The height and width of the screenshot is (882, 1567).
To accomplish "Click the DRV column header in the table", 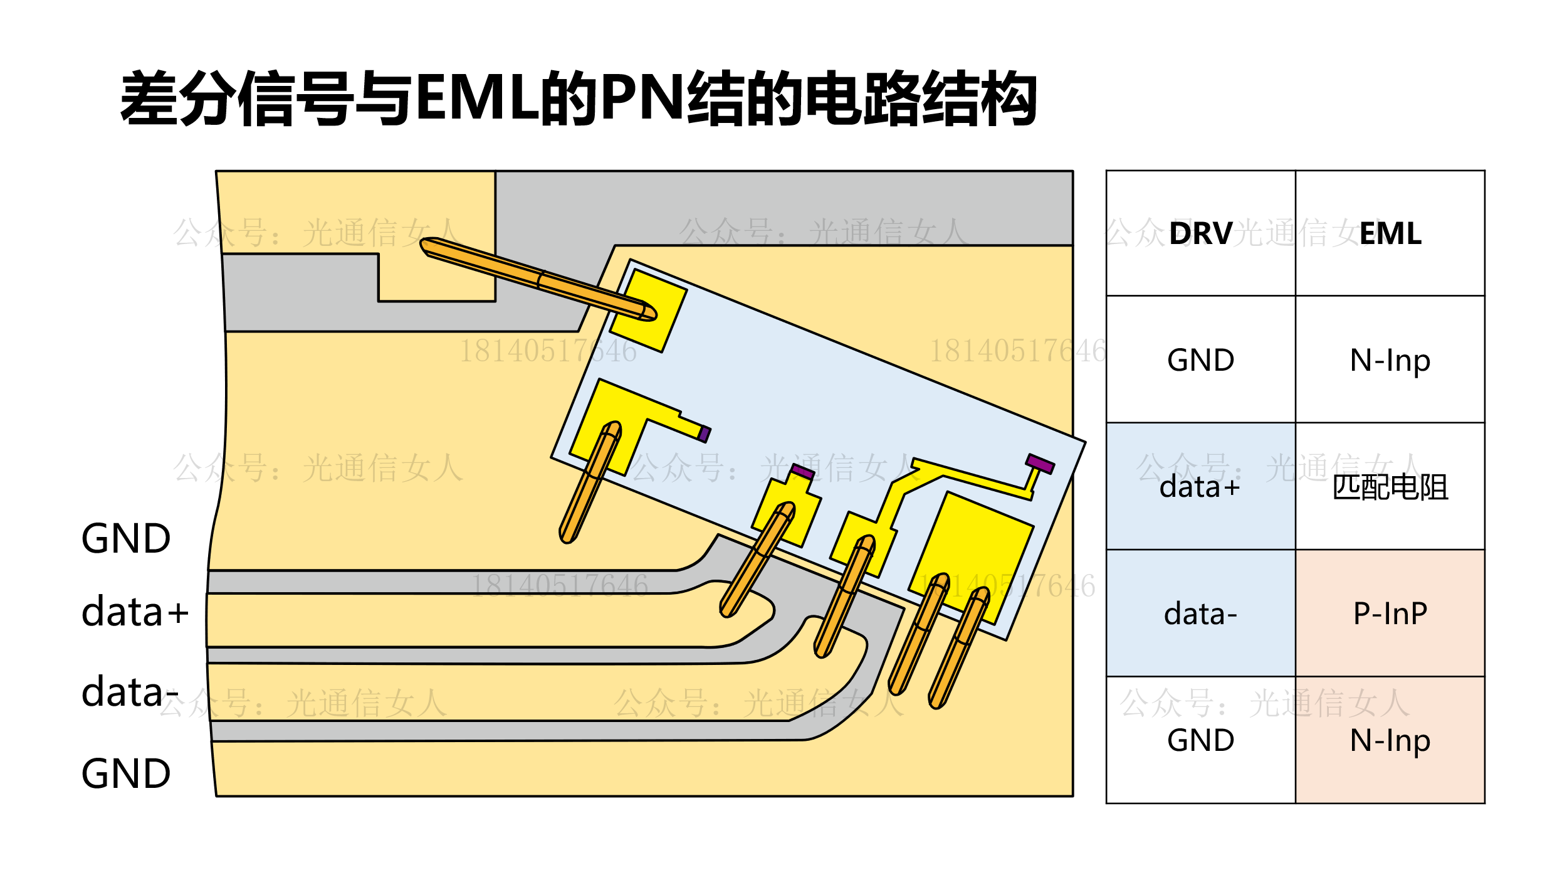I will pos(1200,233).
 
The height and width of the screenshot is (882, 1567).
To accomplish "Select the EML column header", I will pos(1390,233).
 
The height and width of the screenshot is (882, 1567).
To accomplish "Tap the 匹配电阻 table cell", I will pos(1390,487).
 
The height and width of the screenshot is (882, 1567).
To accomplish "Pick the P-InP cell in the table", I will pos(1390,614).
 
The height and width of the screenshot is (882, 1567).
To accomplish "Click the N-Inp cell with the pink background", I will pos(1390,740).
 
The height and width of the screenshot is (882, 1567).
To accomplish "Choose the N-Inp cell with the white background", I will pos(1390,360).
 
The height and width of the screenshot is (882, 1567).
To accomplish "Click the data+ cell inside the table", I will pos(1200,487).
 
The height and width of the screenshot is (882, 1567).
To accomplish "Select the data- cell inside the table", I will pos(1200,614).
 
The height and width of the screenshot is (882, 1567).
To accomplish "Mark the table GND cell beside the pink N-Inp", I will pos(1200,740).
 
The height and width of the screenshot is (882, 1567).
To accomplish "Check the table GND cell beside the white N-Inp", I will pos(1200,360).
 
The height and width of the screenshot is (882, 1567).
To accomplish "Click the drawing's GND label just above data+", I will pos(126,538).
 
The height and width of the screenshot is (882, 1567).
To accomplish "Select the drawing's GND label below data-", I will pos(126,773).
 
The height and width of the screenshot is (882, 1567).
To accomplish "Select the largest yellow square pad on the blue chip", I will pos(971,558).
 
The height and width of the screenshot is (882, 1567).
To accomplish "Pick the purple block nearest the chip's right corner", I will pos(1040,464).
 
